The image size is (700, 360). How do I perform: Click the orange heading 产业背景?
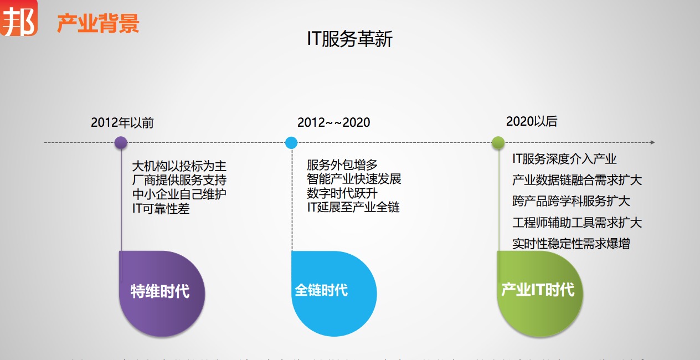(x=98, y=24)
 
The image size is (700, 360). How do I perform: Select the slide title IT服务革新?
(x=350, y=39)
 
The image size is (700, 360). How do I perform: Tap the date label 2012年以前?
(x=122, y=123)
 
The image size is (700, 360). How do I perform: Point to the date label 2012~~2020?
(x=333, y=122)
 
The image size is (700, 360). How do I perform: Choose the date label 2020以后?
(x=532, y=122)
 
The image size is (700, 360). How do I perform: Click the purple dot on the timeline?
(x=121, y=142)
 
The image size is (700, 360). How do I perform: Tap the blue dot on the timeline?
(x=291, y=142)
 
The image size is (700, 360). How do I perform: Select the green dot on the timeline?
(x=498, y=142)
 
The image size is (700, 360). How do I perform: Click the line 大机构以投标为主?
(x=179, y=166)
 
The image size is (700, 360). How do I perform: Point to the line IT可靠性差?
(x=161, y=209)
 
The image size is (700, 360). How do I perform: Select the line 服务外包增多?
(x=342, y=164)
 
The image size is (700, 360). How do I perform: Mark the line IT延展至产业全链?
(x=353, y=207)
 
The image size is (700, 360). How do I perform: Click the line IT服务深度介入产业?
(x=564, y=159)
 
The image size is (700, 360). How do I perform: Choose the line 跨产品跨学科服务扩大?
(x=571, y=201)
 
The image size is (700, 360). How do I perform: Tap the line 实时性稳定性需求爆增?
(x=571, y=244)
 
